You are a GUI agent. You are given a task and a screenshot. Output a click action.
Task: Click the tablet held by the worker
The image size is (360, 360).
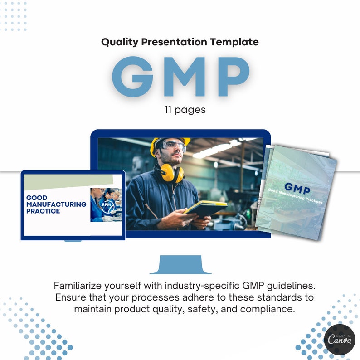(x=205, y=208)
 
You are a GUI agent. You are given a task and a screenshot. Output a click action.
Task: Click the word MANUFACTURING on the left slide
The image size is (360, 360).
(x=56, y=204)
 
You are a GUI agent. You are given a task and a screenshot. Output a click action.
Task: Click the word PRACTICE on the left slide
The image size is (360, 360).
(x=43, y=211)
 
